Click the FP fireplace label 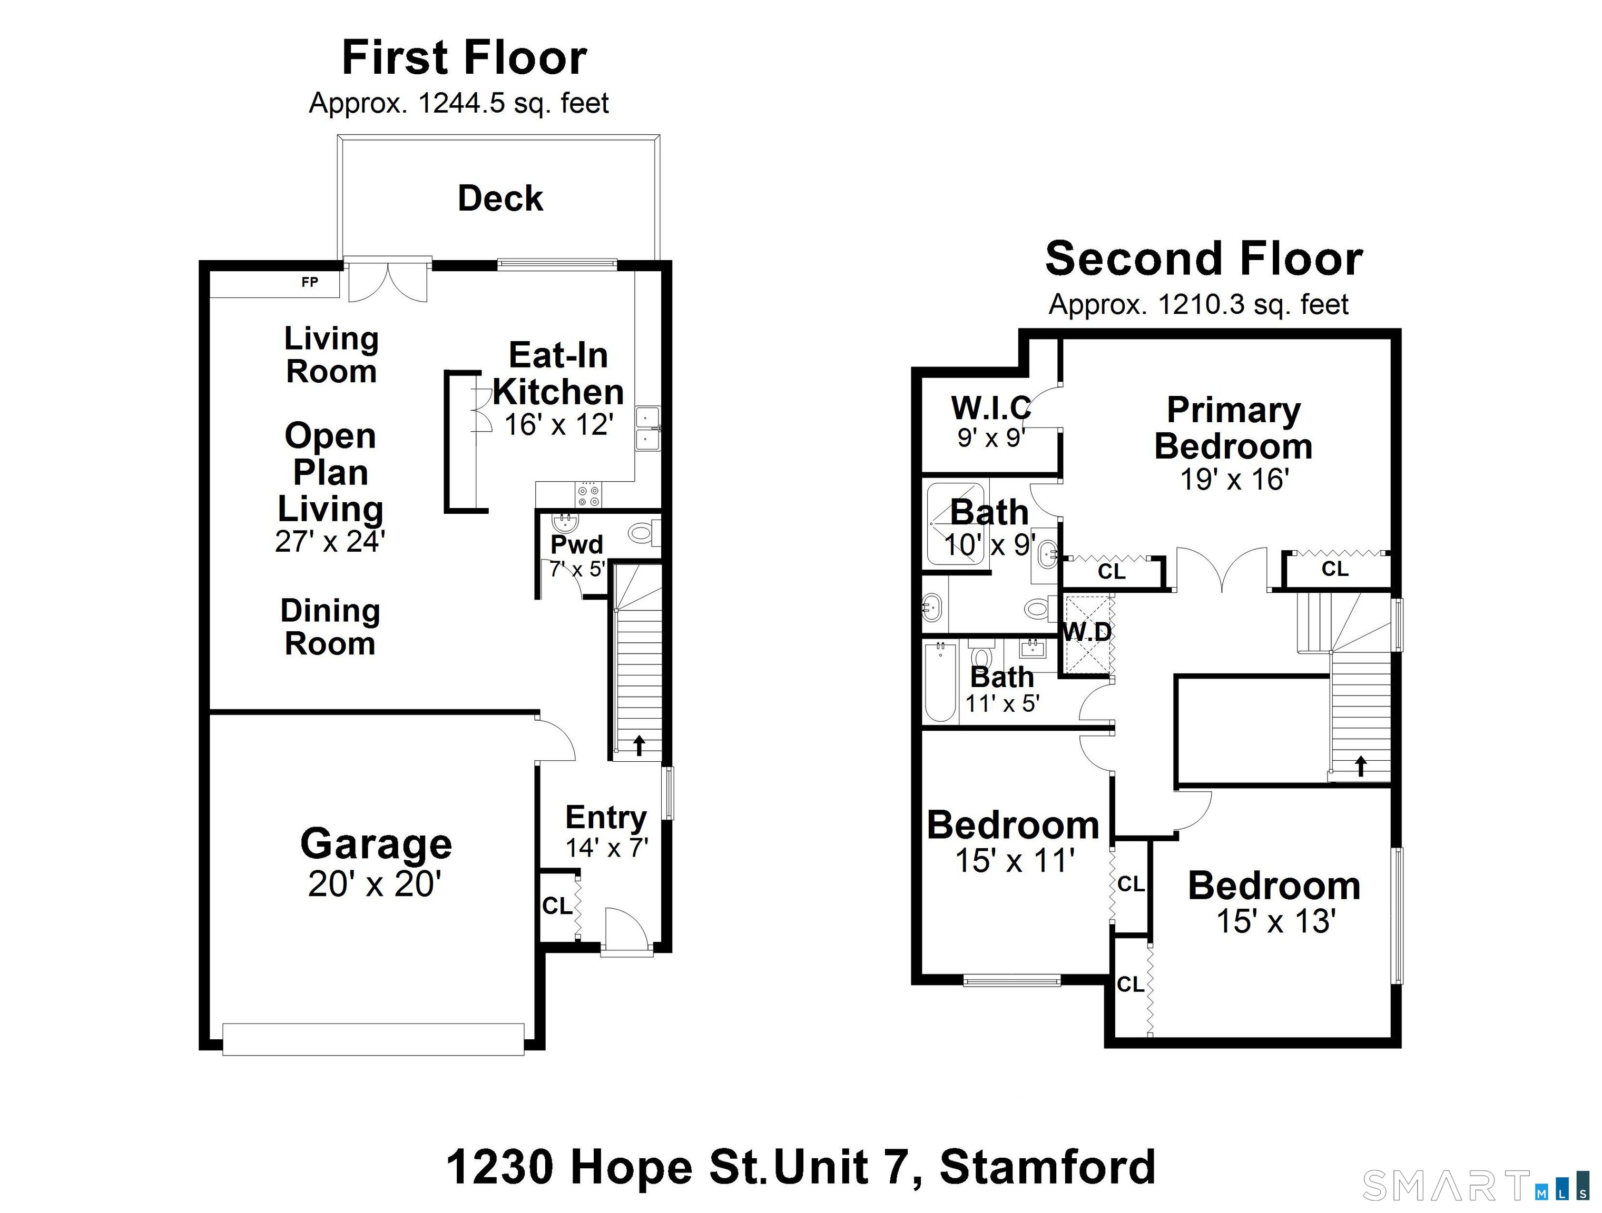point(309,282)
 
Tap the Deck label point(500,198)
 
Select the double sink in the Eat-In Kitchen point(647,429)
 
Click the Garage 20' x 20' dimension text point(375,884)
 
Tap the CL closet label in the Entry point(557,906)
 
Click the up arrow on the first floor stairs point(639,745)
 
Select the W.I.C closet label point(991,408)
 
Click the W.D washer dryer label point(1086,632)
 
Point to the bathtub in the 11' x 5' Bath point(940,682)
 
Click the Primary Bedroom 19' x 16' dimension point(1234,480)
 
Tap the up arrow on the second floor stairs point(1360,765)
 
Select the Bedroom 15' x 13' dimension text point(1275,921)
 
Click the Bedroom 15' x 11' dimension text point(1014,861)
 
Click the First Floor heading point(464,58)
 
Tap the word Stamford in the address point(1047,1167)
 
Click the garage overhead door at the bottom point(373,1039)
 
